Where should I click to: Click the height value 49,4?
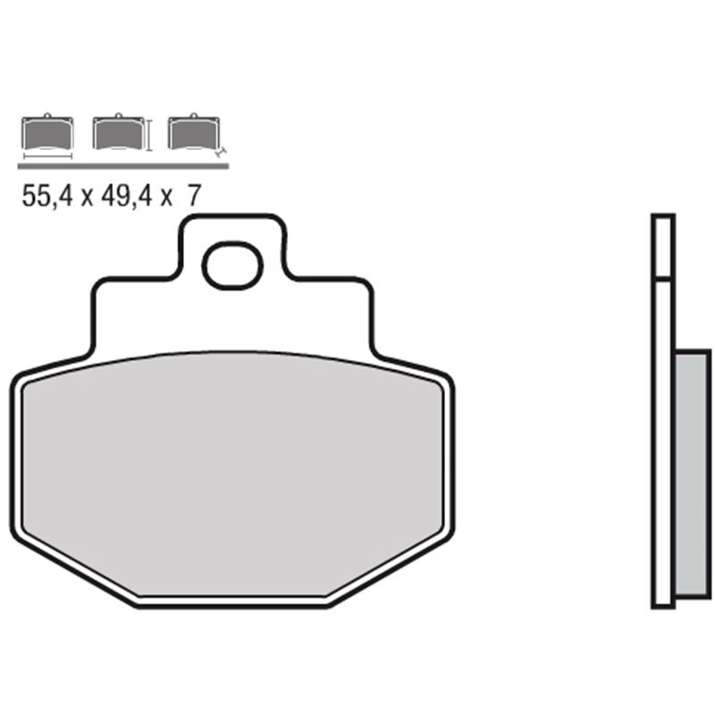tap(126, 198)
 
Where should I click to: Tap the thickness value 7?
tap(192, 198)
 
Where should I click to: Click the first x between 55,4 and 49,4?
tap(87, 198)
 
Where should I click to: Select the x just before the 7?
tap(166, 198)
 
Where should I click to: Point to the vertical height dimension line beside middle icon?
tap(148, 134)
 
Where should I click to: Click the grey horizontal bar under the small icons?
tap(123, 166)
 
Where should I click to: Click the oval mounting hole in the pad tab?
tap(231, 266)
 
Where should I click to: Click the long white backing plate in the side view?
tap(662, 447)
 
